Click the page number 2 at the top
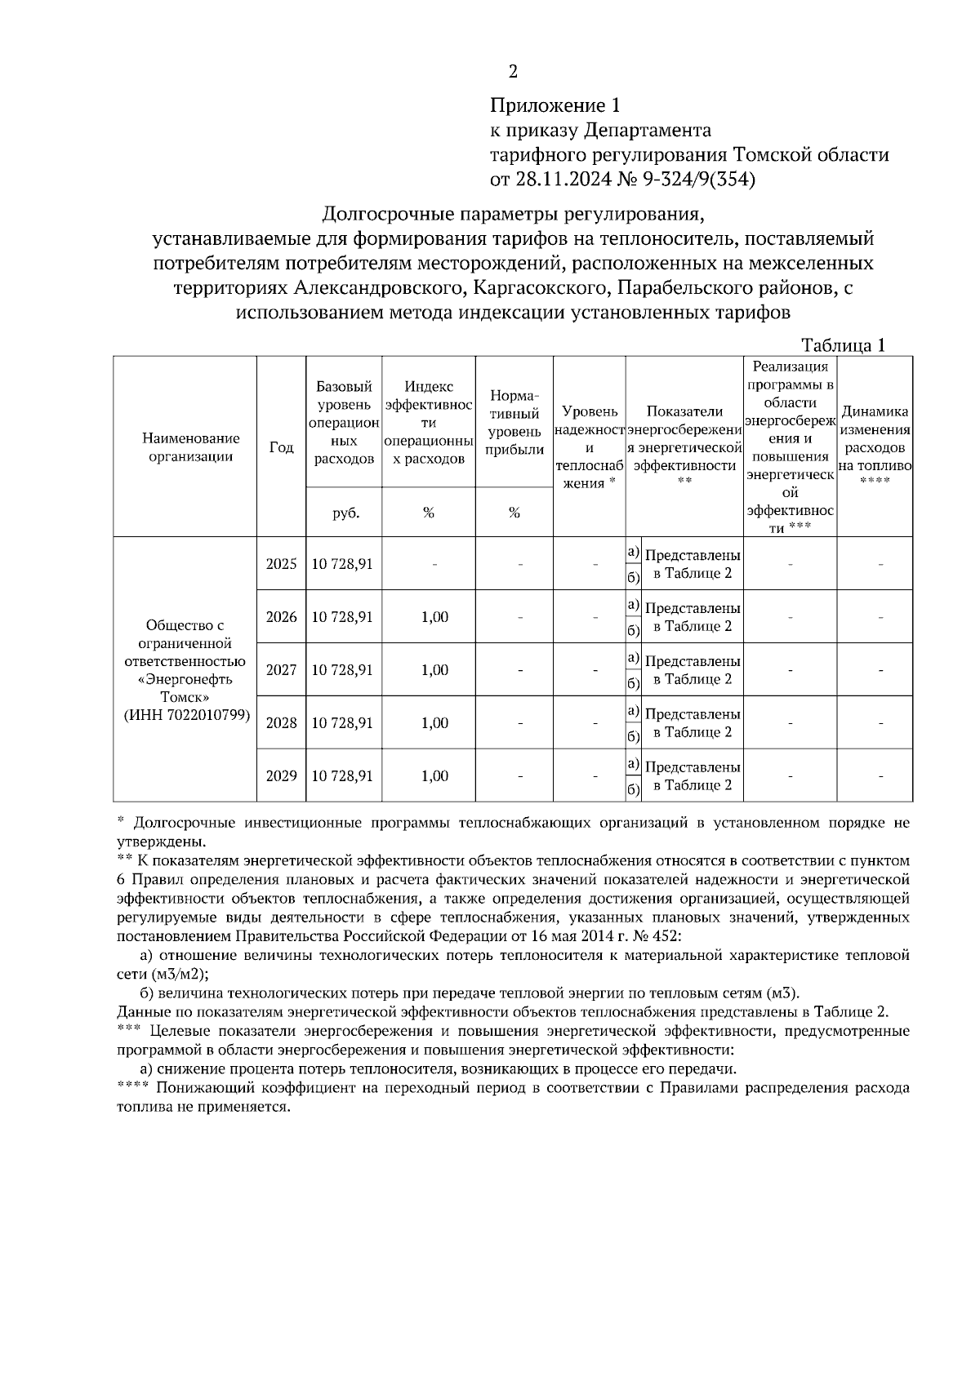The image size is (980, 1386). point(513,72)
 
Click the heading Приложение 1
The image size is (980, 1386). point(555,105)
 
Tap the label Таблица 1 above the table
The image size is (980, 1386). point(843,345)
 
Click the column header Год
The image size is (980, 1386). point(281,447)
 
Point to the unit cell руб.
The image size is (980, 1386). point(345,513)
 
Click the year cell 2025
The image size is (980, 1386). point(281,564)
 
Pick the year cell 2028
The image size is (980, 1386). point(281,723)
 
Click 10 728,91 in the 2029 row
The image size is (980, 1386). point(343,776)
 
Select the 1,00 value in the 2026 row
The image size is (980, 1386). point(434,617)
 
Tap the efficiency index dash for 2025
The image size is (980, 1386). point(434,564)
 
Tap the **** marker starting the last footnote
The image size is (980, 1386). point(132,1087)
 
